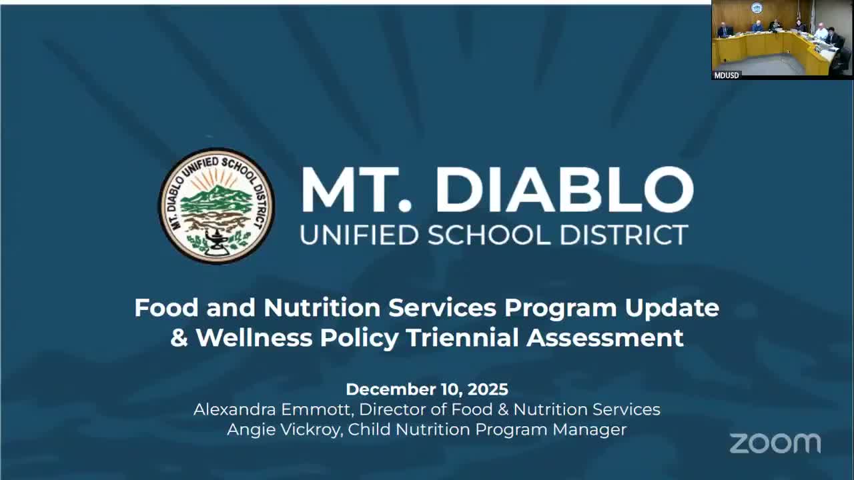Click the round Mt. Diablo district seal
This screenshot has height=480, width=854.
point(216,205)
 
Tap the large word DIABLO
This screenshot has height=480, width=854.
point(564,190)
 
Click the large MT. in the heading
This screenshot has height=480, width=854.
point(360,190)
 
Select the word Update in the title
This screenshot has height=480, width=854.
point(672,308)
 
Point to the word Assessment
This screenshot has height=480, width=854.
point(605,338)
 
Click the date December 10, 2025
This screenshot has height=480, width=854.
point(427,389)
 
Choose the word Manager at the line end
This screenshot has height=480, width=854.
point(589,429)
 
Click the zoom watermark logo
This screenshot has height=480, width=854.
point(775,443)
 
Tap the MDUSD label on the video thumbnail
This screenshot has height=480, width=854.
point(727,75)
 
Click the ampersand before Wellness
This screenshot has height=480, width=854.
point(179,338)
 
